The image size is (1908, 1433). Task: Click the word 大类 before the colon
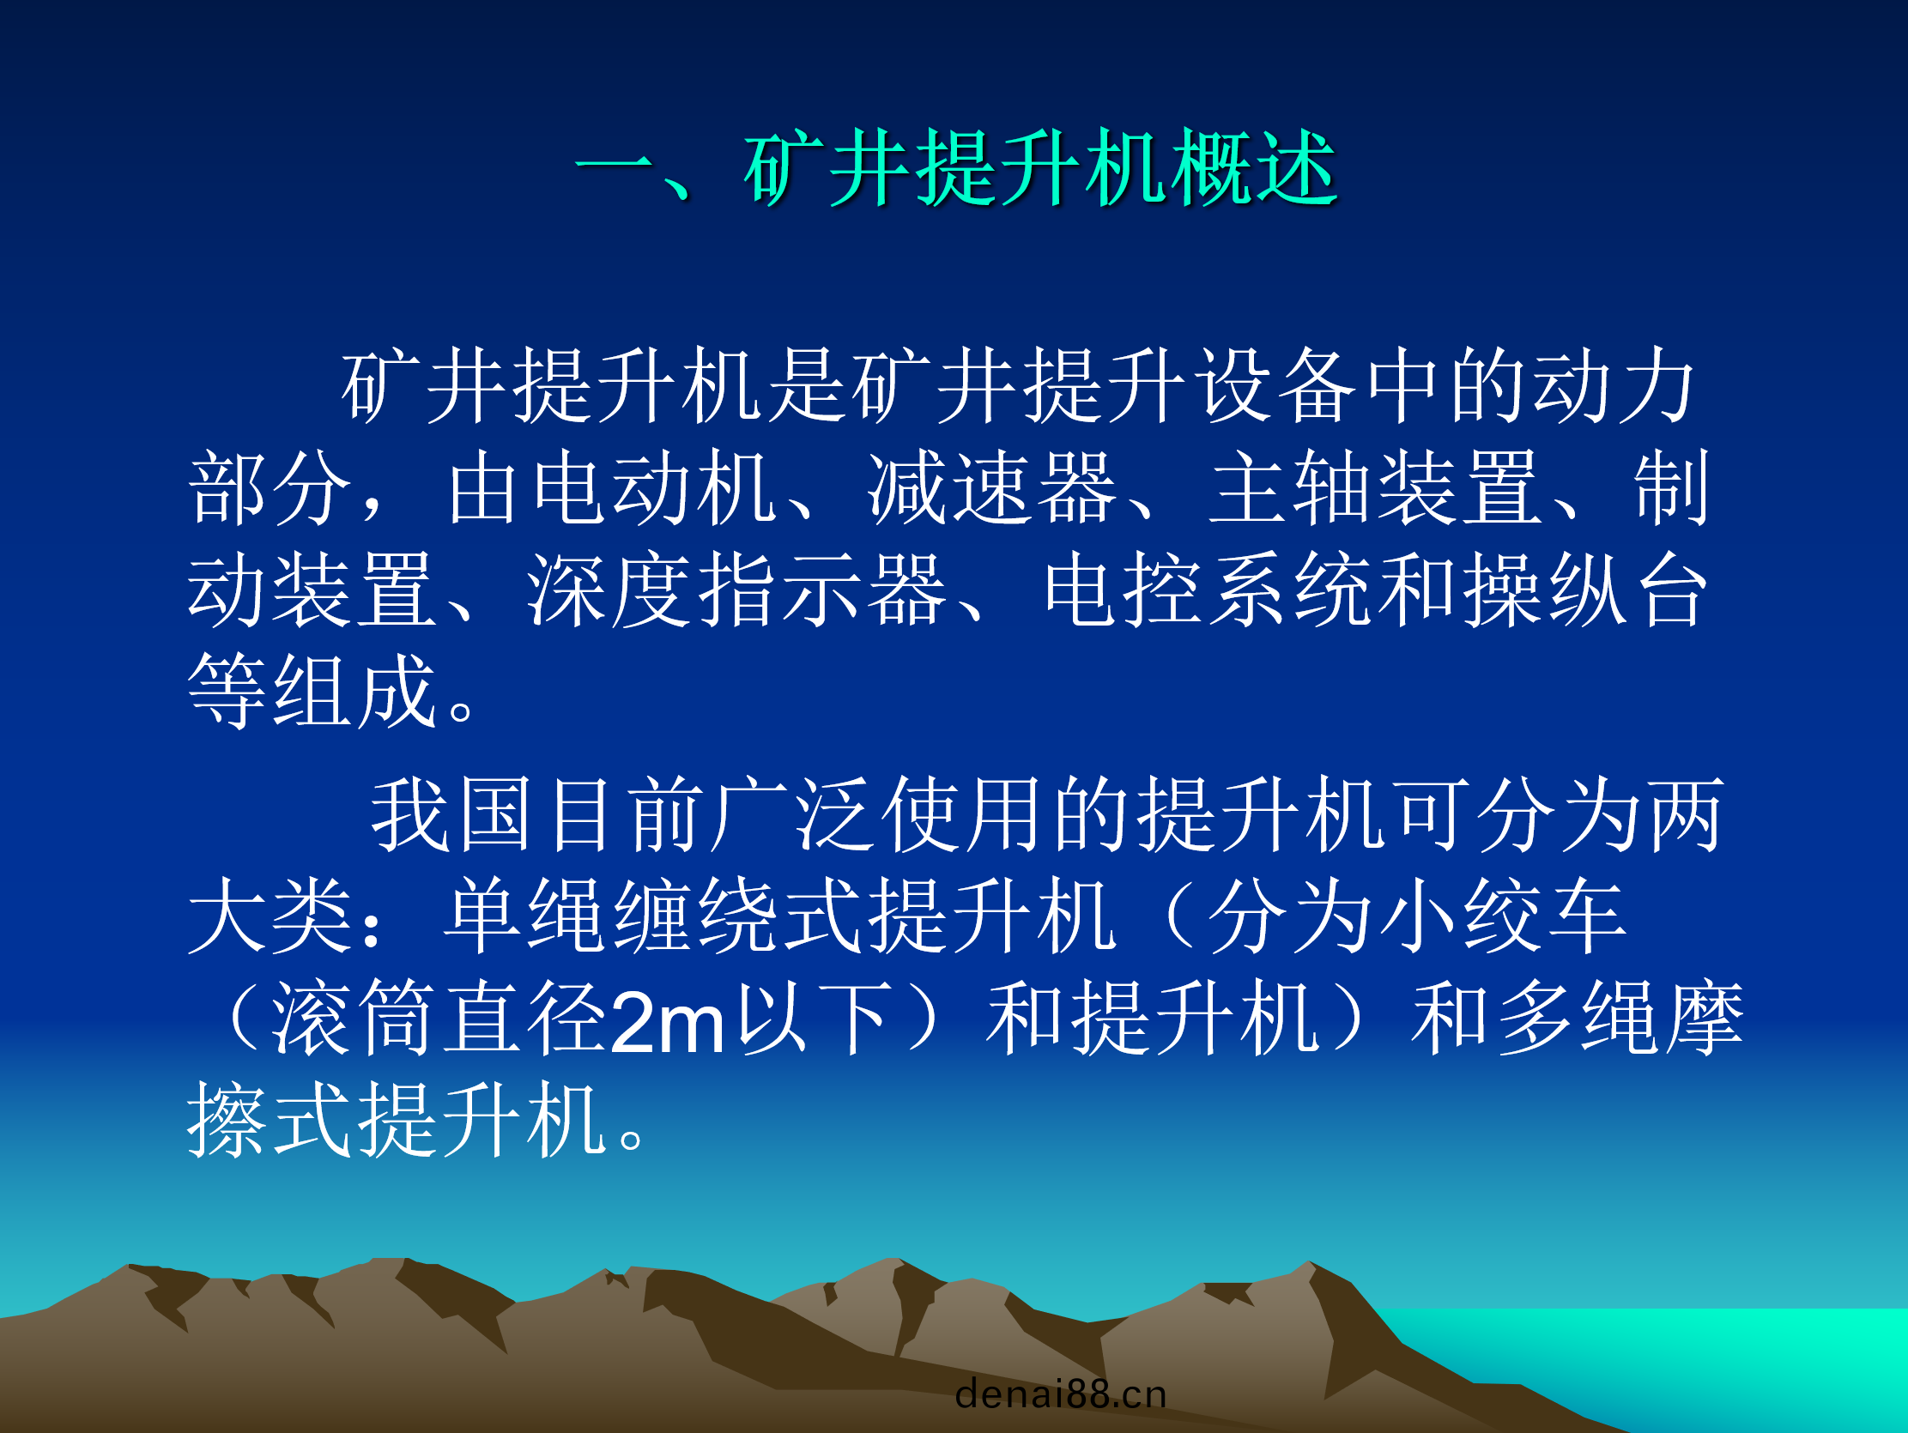[x=270, y=916]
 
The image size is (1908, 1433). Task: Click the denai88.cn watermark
[x=1061, y=1394]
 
